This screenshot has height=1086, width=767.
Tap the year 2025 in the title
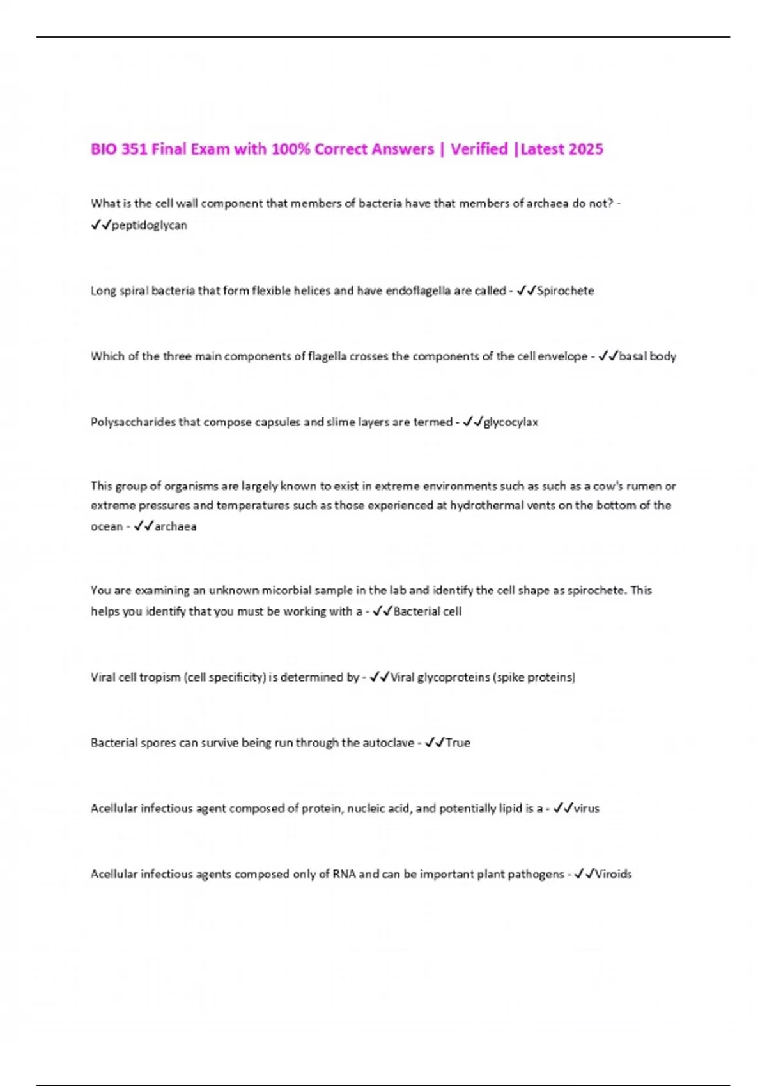pyautogui.click(x=585, y=149)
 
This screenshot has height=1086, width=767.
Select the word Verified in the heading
pyautogui.click(x=479, y=149)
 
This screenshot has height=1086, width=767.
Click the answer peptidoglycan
pyautogui.click(x=149, y=226)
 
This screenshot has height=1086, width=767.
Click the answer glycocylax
pyautogui.click(x=511, y=422)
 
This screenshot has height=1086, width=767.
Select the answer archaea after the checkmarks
pyautogui.click(x=175, y=527)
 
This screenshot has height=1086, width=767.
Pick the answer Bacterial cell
pyautogui.click(x=427, y=611)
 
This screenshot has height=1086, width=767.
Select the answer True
pyautogui.click(x=458, y=743)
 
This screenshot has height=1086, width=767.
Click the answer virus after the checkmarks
pyautogui.click(x=586, y=809)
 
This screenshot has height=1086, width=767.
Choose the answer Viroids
pyautogui.click(x=613, y=875)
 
